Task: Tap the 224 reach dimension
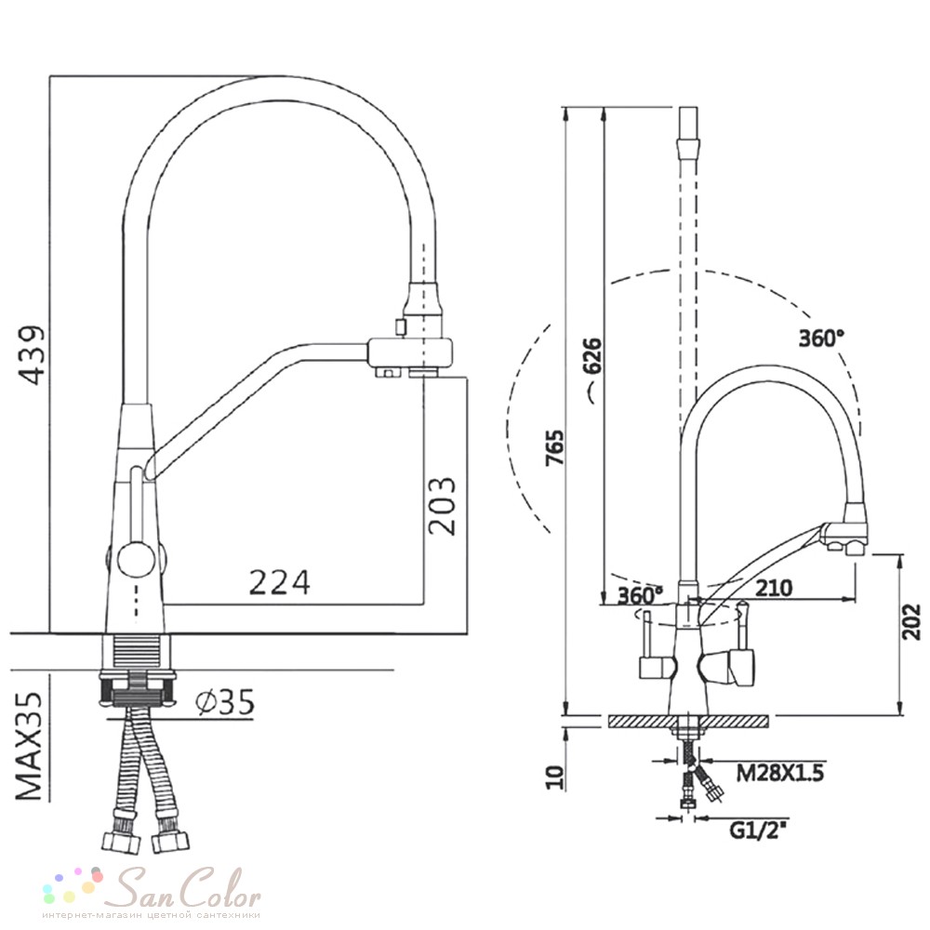[280, 582]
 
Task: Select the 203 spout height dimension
[442, 506]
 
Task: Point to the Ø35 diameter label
[225, 702]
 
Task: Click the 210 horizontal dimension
[774, 588]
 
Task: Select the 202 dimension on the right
[911, 621]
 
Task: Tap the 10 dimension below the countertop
[554, 777]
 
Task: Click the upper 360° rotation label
[821, 339]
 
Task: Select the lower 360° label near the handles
[640, 595]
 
